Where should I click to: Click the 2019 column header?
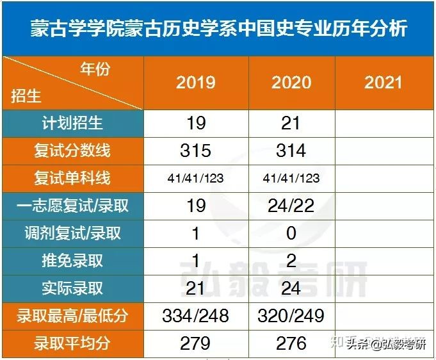click(x=196, y=83)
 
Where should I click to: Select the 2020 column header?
click(x=291, y=83)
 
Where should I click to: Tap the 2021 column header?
click(x=383, y=83)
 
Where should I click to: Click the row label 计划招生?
click(x=72, y=122)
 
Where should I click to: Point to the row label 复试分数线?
click(x=72, y=151)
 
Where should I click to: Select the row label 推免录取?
click(x=72, y=261)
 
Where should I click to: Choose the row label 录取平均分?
click(x=72, y=343)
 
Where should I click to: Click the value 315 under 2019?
click(x=196, y=151)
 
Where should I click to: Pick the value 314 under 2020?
click(x=291, y=151)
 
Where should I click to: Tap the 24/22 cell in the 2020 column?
click(x=291, y=206)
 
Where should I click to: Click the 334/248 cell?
click(x=196, y=316)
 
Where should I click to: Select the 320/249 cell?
click(x=291, y=316)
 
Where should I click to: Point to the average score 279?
click(x=196, y=343)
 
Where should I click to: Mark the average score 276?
click(x=291, y=343)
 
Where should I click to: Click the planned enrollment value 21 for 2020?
click(x=291, y=122)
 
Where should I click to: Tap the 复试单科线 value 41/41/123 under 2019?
click(x=196, y=179)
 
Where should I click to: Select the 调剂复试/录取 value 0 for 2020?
click(x=291, y=233)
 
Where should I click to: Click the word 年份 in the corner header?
click(x=95, y=69)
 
